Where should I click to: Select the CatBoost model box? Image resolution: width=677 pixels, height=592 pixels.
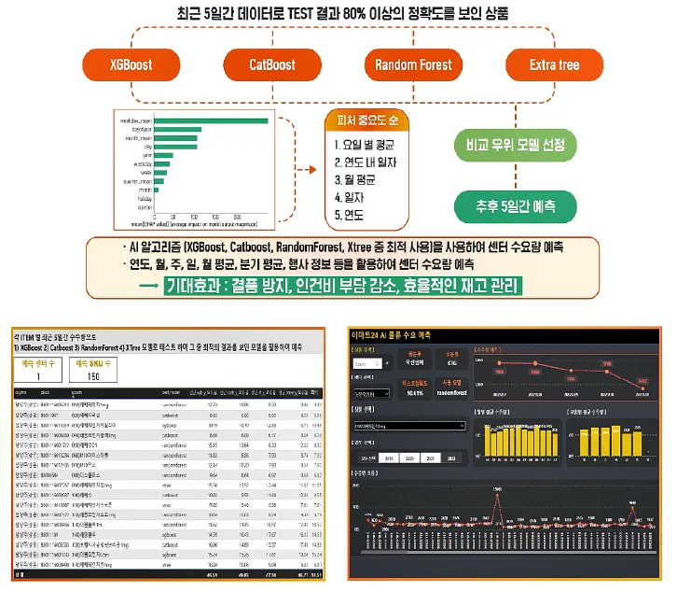[271, 64]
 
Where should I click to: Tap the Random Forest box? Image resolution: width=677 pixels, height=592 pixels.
[413, 64]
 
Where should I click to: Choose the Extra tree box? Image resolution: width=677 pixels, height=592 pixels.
[554, 64]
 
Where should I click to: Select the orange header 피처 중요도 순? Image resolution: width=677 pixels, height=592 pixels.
[366, 120]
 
